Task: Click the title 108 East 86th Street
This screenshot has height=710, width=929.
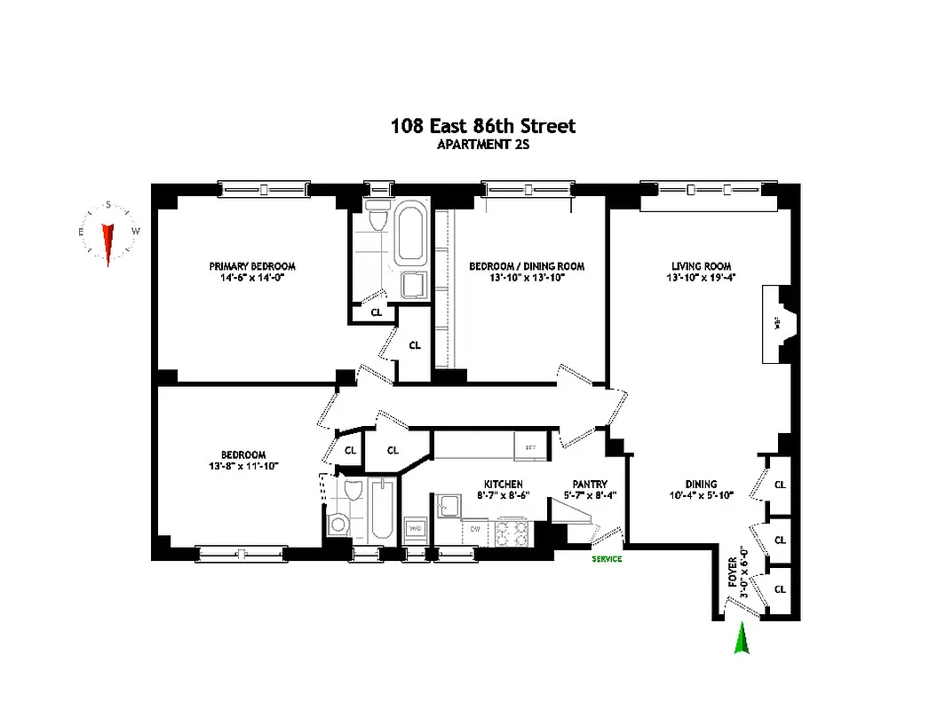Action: pyautogui.click(x=482, y=126)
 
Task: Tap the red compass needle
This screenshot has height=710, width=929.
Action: pyautogui.click(x=107, y=242)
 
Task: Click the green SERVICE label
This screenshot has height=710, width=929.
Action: pyautogui.click(x=607, y=559)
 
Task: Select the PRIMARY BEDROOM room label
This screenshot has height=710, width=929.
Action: pyautogui.click(x=252, y=266)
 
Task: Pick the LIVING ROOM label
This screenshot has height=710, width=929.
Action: pyautogui.click(x=700, y=266)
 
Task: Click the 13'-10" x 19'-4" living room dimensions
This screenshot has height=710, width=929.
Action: pyautogui.click(x=700, y=278)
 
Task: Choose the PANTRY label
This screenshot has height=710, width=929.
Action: pyautogui.click(x=590, y=484)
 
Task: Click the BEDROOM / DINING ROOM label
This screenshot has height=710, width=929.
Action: pyautogui.click(x=527, y=266)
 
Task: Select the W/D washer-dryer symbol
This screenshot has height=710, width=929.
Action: pyautogui.click(x=414, y=528)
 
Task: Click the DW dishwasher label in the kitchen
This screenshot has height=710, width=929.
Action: pyautogui.click(x=476, y=529)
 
